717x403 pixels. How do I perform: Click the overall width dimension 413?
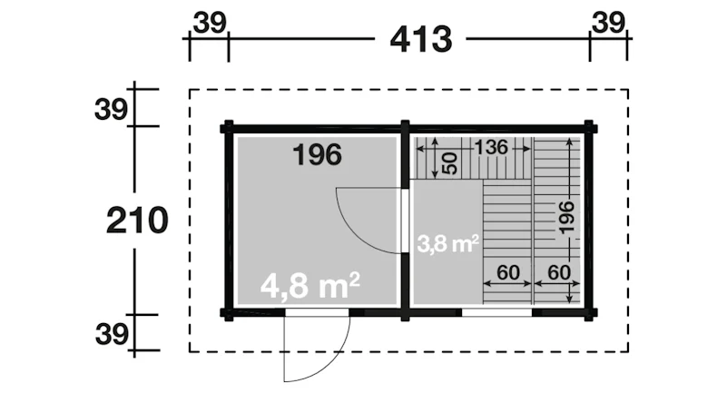pyautogui.click(x=421, y=39)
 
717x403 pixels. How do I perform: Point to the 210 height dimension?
pyautogui.click(x=137, y=221)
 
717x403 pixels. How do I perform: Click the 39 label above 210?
pyautogui.click(x=113, y=110)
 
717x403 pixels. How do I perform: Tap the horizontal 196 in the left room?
pyautogui.click(x=317, y=155)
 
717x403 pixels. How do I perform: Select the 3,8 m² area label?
pyautogui.click(x=448, y=243)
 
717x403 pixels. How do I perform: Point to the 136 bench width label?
pyautogui.click(x=491, y=145)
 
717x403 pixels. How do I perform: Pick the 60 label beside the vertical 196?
pyautogui.click(x=557, y=271)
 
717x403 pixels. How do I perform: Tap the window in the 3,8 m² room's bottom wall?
pyautogui.click(x=496, y=312)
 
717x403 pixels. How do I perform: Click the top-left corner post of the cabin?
pyautogui.click(x=228, y=127)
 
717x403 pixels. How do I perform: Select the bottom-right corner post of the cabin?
pyautogui.click(x=590, y=312)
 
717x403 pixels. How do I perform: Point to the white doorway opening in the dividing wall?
pyautogui.click(x=406, y=220)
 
